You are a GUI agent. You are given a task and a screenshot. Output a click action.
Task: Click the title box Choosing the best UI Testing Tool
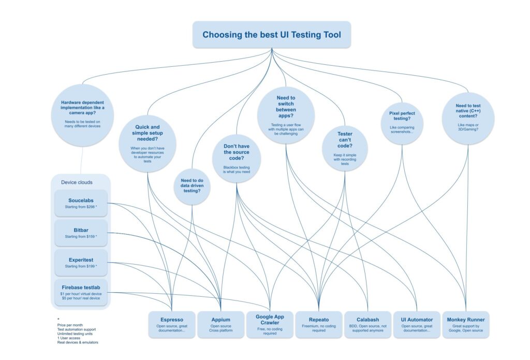point(272,35)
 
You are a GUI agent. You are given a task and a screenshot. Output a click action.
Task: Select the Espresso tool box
point(172,324)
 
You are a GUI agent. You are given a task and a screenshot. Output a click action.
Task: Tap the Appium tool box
point(220,324)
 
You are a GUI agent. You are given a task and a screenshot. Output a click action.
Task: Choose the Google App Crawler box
point(270,324)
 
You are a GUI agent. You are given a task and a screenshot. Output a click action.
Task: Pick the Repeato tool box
point(319,324)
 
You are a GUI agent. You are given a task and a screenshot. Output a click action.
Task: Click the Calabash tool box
point(367,324)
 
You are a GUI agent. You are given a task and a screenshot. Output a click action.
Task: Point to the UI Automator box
point(416,324)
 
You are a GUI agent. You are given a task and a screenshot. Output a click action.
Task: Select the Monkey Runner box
point(465,324)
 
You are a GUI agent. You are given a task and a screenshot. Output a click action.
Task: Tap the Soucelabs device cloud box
point(81,204)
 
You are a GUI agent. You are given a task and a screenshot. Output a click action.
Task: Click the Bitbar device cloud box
point(81,233)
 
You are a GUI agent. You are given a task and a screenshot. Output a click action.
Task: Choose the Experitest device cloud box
point(81,263)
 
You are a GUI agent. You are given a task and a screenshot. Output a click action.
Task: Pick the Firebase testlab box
point(81,293)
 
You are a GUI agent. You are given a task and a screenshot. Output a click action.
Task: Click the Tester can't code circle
point(345,148)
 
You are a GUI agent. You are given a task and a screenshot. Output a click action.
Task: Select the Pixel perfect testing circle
point(402,123)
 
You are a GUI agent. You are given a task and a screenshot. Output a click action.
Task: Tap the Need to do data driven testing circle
point(192,184)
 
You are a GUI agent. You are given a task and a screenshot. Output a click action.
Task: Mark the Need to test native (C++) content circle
point(468,118)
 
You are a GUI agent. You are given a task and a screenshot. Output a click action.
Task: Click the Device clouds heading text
point(77,182)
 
